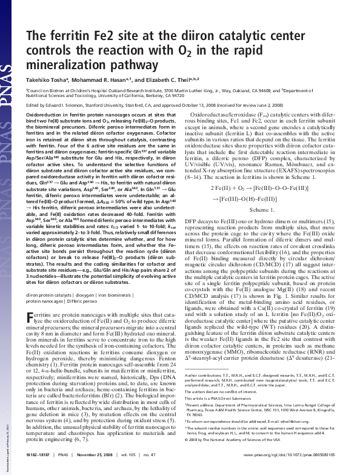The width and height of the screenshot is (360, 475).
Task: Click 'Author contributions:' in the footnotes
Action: coord(205,393)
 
